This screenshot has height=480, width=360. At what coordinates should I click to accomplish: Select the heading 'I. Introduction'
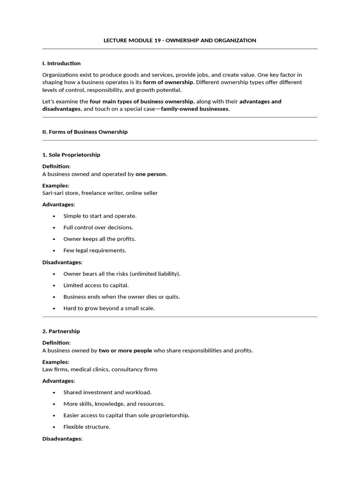pos(61,63)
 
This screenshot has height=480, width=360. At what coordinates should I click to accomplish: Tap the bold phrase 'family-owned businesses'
pos(195,109)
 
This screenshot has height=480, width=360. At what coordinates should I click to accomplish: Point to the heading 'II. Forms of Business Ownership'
pos(85,132)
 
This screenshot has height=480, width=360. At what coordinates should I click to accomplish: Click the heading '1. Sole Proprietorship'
pos(71,155)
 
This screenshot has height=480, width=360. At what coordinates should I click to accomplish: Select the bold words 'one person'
pos(150,174)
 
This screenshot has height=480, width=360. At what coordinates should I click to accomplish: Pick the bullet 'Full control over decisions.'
pos(98,227)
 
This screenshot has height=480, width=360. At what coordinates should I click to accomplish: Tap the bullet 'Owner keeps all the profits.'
pos(99,239)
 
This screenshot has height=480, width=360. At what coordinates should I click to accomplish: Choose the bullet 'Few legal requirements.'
pos(95,250)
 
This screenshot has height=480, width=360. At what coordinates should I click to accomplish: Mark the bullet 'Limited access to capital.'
pos(96,285)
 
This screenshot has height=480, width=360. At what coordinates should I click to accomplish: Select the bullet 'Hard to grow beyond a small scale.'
pos(109,308)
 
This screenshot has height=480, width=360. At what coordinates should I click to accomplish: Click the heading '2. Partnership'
pos(61,331)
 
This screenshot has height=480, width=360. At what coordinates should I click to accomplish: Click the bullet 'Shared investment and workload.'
pos(107,392)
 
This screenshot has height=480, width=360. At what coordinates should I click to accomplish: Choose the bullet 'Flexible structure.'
pos(87,427)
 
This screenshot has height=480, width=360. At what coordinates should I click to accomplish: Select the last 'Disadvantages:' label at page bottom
pos(62,439)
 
